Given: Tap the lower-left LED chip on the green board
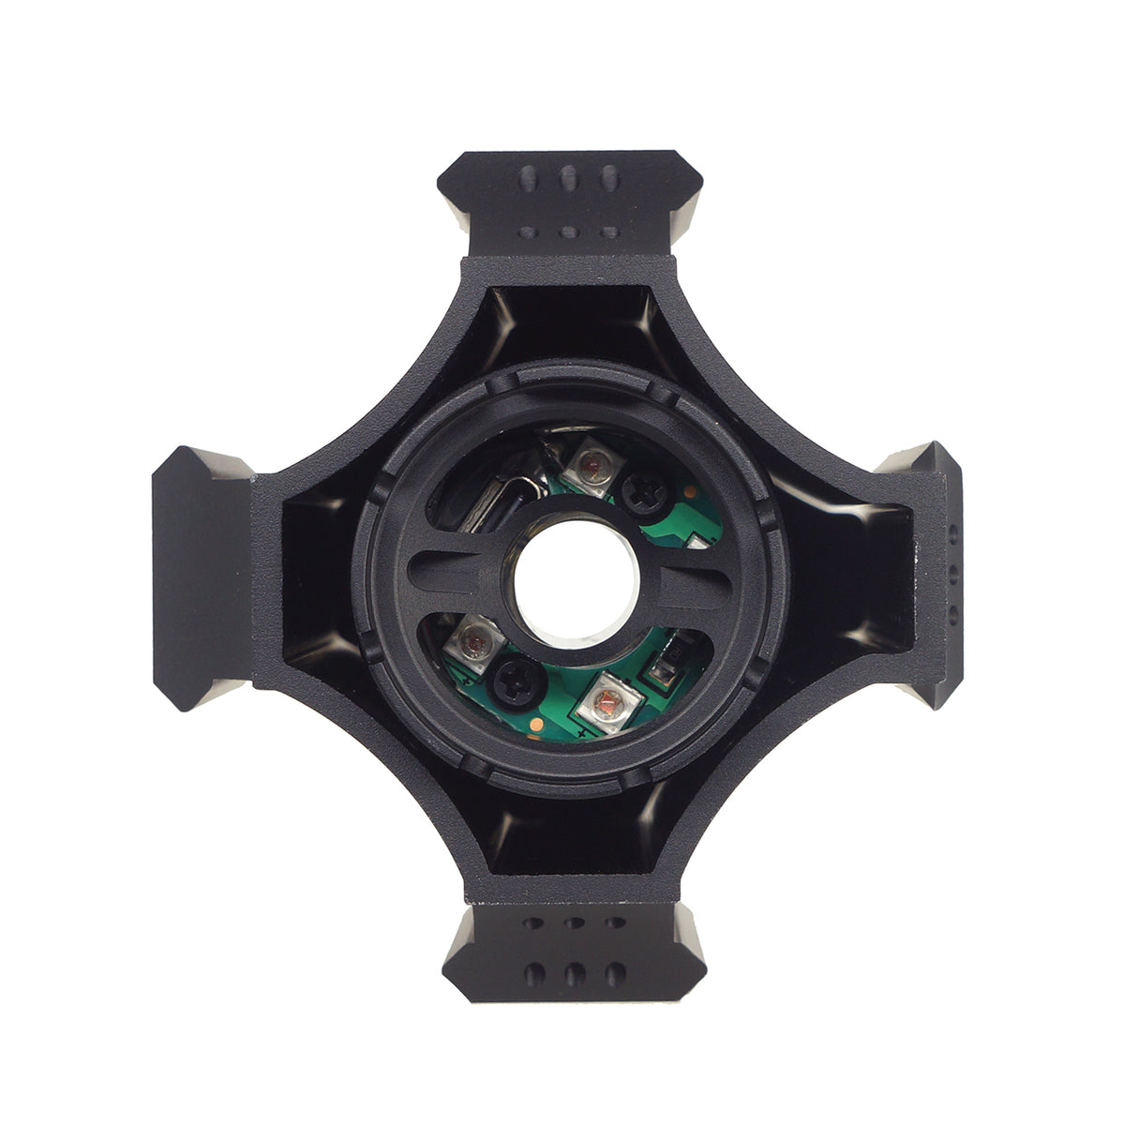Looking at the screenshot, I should (472, 642).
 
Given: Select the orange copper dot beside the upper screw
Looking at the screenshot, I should (689, 490).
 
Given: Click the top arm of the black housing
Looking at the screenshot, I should (570, 202).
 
